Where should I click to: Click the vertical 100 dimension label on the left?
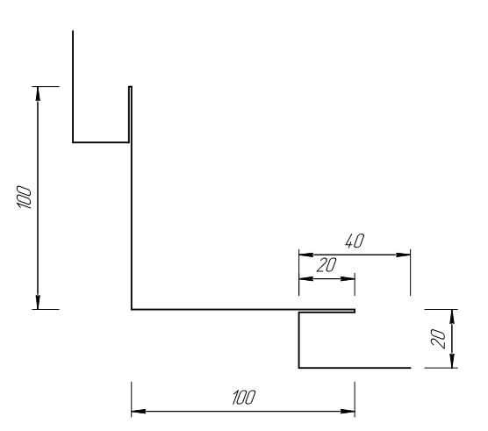coord(24,198)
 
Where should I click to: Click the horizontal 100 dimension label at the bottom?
coord(244,397)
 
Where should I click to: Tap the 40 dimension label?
coord(355,241)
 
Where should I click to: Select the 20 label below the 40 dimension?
coord(327,265)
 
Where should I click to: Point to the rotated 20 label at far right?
coord(438,339)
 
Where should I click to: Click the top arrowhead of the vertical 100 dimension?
coord(38,93)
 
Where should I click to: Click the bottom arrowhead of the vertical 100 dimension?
coord(38,303)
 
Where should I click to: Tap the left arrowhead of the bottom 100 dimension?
coord(139,412)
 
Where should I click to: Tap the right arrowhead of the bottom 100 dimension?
coord(348,412)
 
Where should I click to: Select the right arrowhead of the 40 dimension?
coord(404,255)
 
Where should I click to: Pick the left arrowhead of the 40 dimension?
coord(306,255)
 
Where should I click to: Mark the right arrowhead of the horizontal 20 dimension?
coord(348,278)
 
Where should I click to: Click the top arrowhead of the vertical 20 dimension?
coord(453,317)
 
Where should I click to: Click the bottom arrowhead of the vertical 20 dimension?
coord(453,361)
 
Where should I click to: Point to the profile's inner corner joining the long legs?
coord(132,310)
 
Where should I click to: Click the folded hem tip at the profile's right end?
coord(355,311)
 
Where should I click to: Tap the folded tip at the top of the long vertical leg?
coord(130,87)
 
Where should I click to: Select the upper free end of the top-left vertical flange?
coord(73,31)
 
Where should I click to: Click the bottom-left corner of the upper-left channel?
coord(73,142)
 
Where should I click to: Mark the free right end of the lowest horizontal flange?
coord(411,368)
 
